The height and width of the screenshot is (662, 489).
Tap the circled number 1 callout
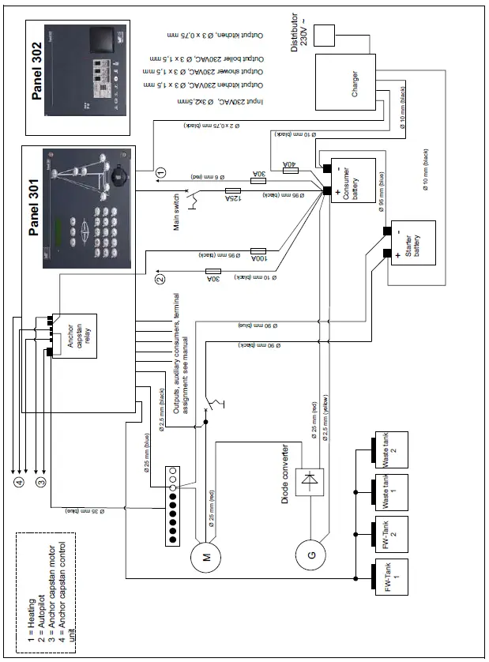[x=160, y=171]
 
